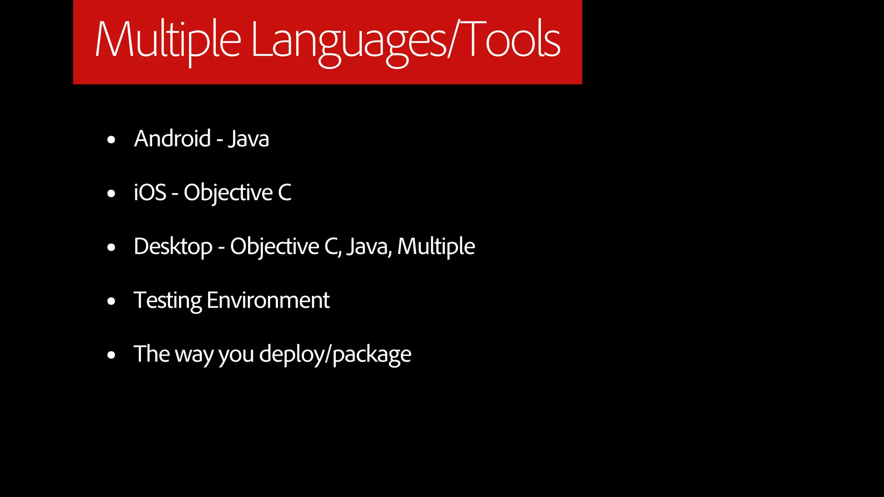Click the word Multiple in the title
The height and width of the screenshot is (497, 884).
(167, 41)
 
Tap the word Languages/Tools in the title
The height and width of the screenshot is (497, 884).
(405, 41)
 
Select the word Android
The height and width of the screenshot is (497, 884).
(172, 139)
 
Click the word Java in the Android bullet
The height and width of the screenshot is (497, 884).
(249, 139)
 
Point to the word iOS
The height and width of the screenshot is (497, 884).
(150, 192)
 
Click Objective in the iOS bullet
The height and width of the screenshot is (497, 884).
(228, 192)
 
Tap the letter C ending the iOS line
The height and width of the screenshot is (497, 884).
(285, 192)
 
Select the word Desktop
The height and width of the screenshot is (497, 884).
(173, 247)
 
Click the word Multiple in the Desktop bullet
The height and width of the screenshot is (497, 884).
(436, 247)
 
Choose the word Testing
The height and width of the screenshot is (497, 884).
(167, 301)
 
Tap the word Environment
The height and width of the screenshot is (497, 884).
(268, 301)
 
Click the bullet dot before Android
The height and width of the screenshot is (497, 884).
(111, 140)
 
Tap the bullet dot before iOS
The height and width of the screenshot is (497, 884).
(111, 194)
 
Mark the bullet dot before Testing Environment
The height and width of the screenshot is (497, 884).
(111, 302)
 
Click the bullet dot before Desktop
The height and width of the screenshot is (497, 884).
(111, 248)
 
